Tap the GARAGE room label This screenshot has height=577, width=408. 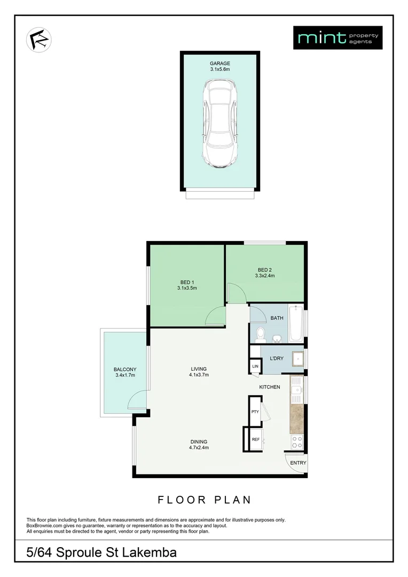click(x=219, y=63)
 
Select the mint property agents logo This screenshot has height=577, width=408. click(x=338, y=37)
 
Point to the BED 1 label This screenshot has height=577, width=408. click(x=187, y=282)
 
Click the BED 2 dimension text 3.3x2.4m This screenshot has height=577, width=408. click(x=264, y=276)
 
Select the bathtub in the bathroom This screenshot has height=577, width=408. click(x=296, y=324)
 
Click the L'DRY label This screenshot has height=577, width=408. click(x=277, y=358)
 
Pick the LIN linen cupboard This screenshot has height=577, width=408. click(x=255, y=366)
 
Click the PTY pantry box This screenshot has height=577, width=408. click(x=255, y=411)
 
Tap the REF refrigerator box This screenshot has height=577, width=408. click(x=255, y=439)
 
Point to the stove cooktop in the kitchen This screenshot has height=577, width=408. click(x=296, y=442)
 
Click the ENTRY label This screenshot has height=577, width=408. click(x=298, y=463)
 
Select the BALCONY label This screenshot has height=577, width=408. click(x=125, y=369)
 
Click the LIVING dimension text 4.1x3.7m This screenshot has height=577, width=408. click(x=198, y=375)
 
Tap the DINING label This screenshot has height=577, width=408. click(x=198, y=441)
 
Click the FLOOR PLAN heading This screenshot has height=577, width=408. click(x=204, y=500)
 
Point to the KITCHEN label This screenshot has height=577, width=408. click(x=270, y=387)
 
